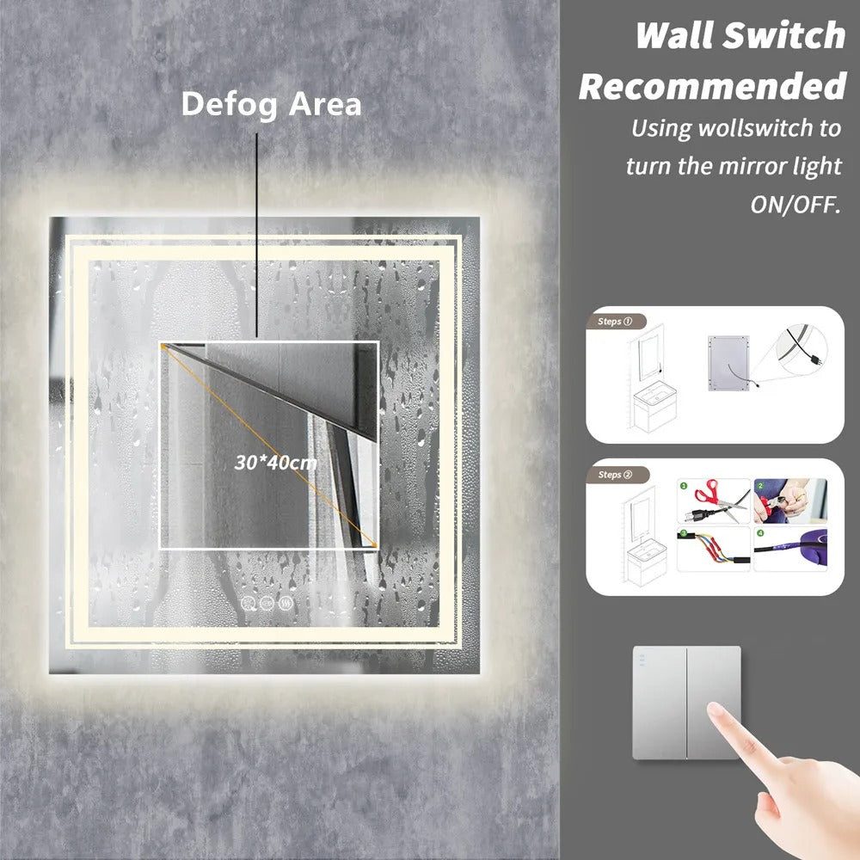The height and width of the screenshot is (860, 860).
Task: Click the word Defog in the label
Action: point(230,104)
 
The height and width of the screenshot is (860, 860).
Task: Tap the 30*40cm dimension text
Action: point(275,463)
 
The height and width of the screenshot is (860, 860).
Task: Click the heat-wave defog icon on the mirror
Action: point(286,603)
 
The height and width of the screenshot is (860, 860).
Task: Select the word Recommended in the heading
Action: point(712,87)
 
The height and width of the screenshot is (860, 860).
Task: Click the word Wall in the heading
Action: point(675,35)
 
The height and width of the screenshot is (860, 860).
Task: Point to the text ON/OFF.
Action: point(795,205)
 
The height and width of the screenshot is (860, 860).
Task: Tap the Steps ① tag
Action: point(615,322)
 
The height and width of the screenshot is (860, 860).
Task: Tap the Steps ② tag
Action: point(615,475)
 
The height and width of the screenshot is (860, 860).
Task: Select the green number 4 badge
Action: point(760,532)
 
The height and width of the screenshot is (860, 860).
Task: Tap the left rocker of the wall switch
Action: point(660,703)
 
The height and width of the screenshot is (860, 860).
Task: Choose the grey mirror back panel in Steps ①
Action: point(728,363)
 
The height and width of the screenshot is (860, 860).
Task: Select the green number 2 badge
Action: point(760,486)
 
